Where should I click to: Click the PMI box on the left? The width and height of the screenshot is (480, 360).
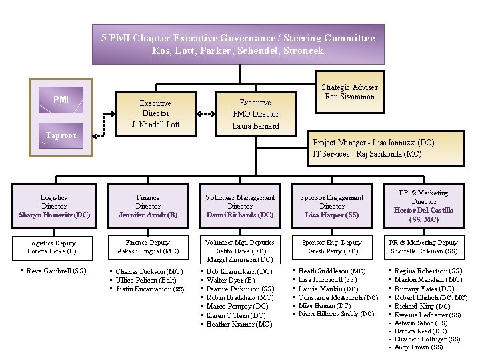61,100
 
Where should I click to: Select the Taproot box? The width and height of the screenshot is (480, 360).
61,135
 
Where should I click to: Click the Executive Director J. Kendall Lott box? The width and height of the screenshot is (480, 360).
155,114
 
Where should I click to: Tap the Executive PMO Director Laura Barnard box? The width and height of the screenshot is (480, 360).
255,114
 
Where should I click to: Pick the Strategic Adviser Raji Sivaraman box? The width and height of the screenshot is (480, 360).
349,92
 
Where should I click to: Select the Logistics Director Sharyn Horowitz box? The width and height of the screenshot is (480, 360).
54,206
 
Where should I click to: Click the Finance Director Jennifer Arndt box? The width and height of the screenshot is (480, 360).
148,206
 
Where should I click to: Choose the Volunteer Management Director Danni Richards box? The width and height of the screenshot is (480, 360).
240,206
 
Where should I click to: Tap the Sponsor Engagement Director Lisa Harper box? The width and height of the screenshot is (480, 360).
332,206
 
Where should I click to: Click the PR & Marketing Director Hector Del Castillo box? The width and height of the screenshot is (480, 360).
424,206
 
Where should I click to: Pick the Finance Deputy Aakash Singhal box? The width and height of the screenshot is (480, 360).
148,247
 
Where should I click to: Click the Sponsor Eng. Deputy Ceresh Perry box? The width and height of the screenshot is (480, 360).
332,247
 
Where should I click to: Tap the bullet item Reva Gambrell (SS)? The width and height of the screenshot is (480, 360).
57,271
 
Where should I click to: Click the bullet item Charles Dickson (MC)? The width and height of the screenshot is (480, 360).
149,271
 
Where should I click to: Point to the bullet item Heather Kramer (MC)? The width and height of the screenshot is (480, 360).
239,324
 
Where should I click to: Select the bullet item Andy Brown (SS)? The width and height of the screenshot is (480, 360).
419,347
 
